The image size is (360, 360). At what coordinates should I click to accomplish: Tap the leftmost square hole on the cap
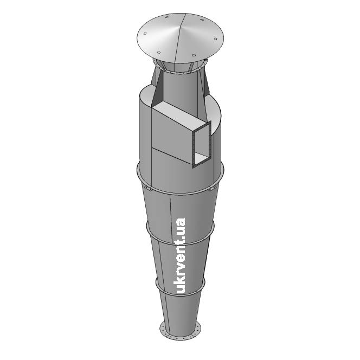point(145,34)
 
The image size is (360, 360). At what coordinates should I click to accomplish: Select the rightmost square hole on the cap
point(215,39)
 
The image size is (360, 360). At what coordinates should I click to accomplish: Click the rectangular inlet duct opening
point(202,145)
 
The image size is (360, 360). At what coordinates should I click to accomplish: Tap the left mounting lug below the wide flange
point(146,189)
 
